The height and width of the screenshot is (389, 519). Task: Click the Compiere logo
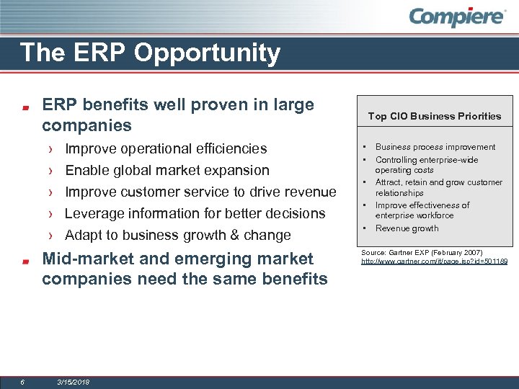tap(458, 17)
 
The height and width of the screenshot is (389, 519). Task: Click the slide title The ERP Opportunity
tap(150, 53)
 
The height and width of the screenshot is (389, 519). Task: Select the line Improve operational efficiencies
tap(166, 148)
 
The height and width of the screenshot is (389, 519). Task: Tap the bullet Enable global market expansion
tap(167, 170)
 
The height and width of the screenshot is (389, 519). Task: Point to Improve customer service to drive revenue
tap(200, 192)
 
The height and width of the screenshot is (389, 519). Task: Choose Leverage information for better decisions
tap(195, 213)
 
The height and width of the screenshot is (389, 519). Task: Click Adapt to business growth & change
tap(178, 235)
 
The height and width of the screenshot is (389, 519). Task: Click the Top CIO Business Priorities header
tap(434, 116)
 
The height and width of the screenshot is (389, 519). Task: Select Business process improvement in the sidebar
tap(435, 147)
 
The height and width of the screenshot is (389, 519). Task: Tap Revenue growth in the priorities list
tap(407, 228)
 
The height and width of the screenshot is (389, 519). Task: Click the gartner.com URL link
tap(434, 261)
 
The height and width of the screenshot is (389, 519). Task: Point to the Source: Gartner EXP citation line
tap(422, 253)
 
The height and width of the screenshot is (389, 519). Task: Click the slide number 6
tap(23, 382)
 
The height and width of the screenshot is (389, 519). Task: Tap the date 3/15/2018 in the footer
tap(73, 382)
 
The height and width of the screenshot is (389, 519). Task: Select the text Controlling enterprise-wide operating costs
tap(426, 165)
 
